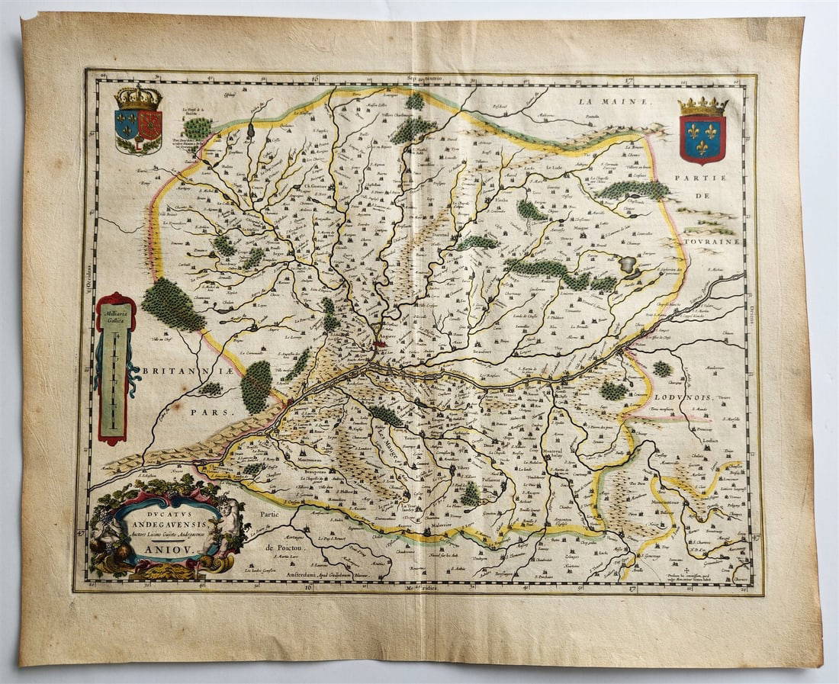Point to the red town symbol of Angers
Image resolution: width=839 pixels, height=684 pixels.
pos(379,345)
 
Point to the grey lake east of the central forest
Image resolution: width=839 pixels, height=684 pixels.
pos(628,265)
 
